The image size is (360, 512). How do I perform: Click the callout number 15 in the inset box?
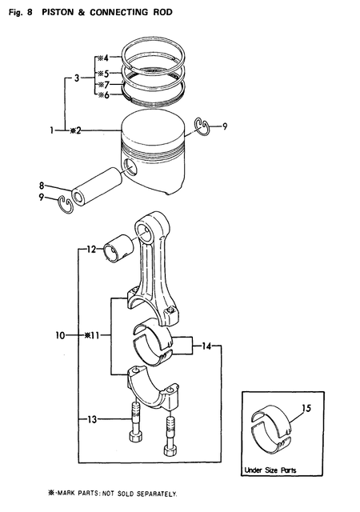(x=306, y=411)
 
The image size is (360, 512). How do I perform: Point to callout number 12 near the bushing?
(x=91, y=250)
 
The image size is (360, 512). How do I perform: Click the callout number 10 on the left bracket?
(x=61, y=336)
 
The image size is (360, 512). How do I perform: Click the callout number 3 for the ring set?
(x=75, y=78)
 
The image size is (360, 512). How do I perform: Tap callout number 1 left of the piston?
(x=53, y=130)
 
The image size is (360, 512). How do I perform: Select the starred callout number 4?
(x=102, y=58)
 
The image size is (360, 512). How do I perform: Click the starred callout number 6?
(x=102, y=95)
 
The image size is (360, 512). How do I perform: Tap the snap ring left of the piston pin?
(x=68, y=207)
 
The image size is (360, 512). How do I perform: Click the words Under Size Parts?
(x=270, y=470)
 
